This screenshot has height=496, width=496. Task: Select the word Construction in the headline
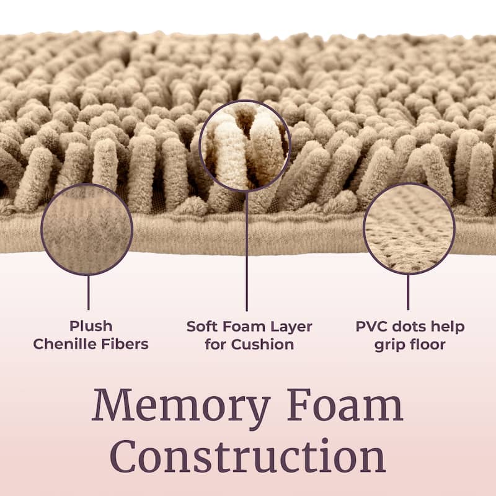(x=248, y=458)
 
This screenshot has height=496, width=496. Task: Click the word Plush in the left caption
(x=91, y=327)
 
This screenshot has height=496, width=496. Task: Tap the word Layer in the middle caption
(x=291, y=327)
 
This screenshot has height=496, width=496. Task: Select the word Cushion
(x=262, y=344)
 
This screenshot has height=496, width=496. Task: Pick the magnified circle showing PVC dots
(x=409, y=228)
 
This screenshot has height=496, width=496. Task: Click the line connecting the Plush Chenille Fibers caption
(x=88, y=293)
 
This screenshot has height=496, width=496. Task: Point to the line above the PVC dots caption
(x=408, y=292)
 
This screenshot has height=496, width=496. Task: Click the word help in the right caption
(x=448, y=327)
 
